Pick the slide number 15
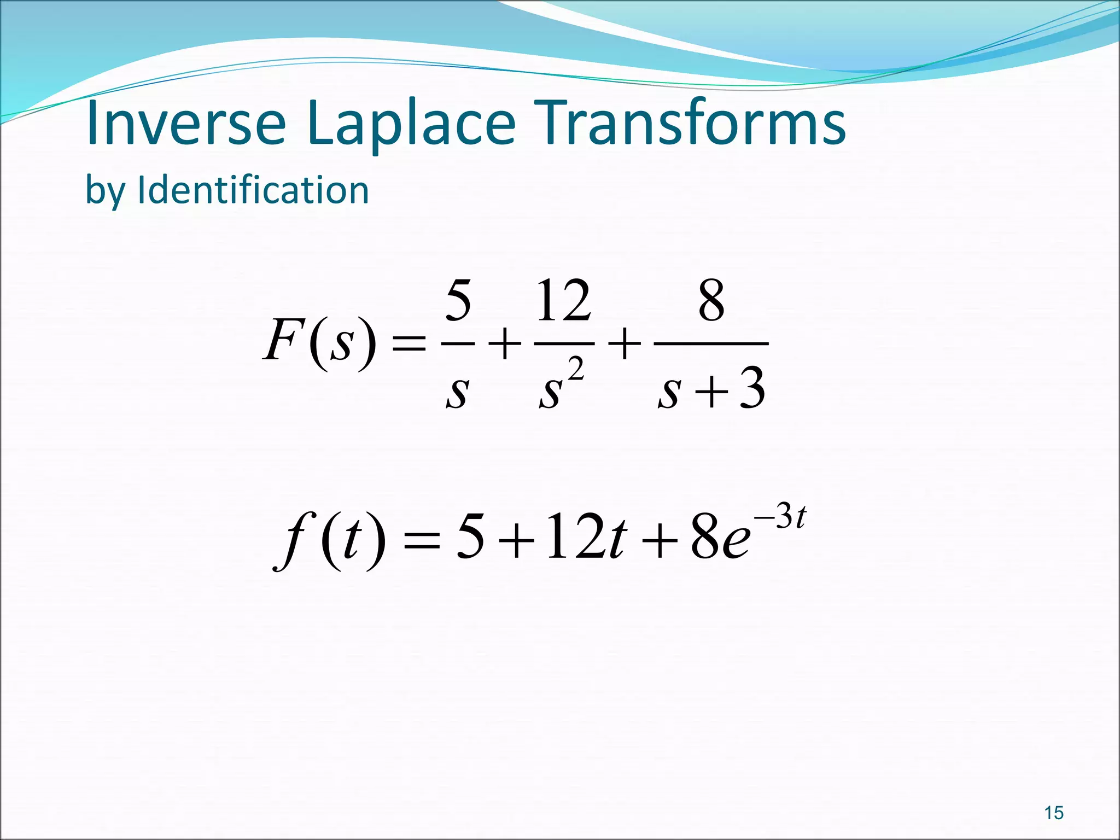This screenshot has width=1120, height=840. [x=1054, y=813]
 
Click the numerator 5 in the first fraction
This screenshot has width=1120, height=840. [x=458, y=301]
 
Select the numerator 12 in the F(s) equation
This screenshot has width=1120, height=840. [x=563, y=301]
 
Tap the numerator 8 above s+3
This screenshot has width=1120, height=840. [x=711, y=301]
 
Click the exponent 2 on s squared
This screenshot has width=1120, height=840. [x=575, y=369]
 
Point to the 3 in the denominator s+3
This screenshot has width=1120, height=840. [x=752, y=389]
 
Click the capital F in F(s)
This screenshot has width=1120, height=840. [x=283, y=340]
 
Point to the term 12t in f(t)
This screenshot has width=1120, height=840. [x=584, y=537]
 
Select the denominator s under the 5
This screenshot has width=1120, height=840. [x=457, y=392]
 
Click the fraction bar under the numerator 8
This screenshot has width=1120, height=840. [x=711, y=343]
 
